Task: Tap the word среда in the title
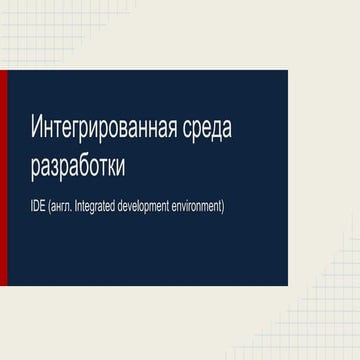[216, 129]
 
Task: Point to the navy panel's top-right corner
[287, 72]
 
